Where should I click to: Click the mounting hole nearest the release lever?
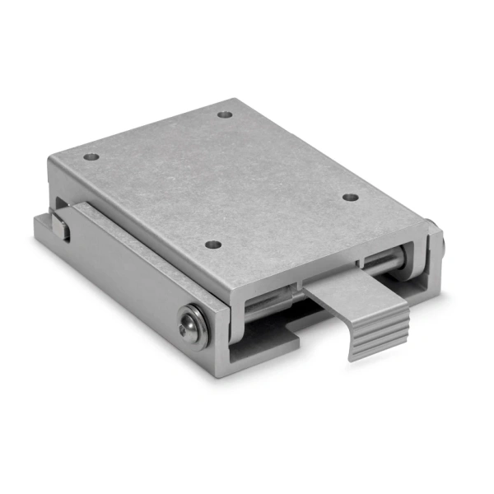click(350, 197)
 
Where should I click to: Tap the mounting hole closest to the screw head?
click(213, 245)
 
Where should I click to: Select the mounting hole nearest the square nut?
click(91, 156)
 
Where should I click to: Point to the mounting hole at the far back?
click(226, 115)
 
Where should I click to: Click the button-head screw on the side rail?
click(192, 326)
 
